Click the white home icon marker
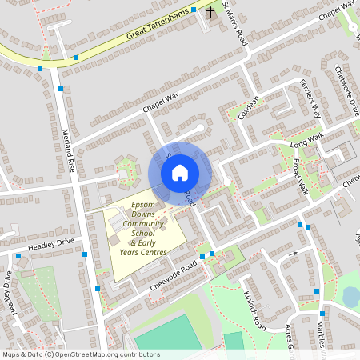coord(179,173)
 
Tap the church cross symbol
coord(211,12)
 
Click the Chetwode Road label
coord(173,275)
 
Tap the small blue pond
coord(350,297)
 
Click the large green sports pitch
coord(165,332)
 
